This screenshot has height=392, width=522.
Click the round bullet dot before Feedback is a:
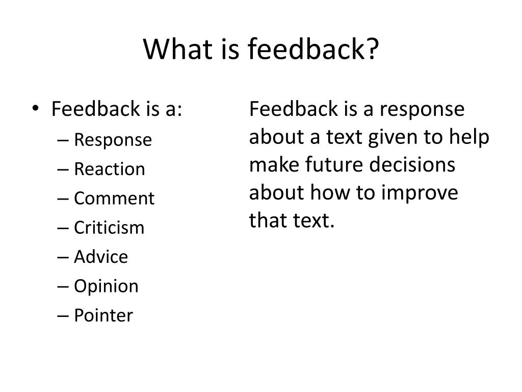point(39,110)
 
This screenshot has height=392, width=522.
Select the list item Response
point(113,140)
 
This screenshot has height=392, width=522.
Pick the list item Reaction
point(109,169)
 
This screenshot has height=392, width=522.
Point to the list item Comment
point(114,198)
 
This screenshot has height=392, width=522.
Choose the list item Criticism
point(109,228)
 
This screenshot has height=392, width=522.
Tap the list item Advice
point(101,257)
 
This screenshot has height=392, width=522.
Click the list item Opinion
point(106,286)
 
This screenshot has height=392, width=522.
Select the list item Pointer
point(103,315)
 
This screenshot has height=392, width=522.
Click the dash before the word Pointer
point(63,316)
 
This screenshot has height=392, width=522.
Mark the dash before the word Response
point(63,140)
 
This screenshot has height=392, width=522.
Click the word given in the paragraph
point(393,138)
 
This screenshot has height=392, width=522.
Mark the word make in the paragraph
point(272,165)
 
